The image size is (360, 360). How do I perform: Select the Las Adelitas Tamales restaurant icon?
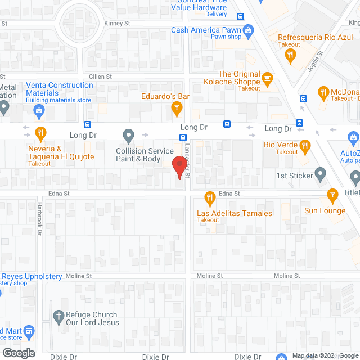click(x=209, y=197)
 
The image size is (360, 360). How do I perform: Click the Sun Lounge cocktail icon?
click(x=332, y=195)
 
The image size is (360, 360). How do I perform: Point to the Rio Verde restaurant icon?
click(x=305, y=146)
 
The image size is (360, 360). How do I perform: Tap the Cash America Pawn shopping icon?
click(x=246, y=30)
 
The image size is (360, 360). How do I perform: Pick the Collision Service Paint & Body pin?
click(x=129, y=135)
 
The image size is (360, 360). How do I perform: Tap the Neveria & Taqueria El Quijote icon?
click(x=40, y=134)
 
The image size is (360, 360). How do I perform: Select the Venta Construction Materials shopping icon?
click(x=39, y=110)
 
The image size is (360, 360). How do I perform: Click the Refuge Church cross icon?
click(x=57, y=317)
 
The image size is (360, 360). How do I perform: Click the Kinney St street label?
click(x=117, y=24)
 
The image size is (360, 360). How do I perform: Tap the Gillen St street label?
click(x=100, y=76)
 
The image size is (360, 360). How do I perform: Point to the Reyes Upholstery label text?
click(x=32, y=276)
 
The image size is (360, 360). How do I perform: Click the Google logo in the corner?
click(x=18, y=353)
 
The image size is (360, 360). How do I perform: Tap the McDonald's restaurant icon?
click(x=323, y=91)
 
